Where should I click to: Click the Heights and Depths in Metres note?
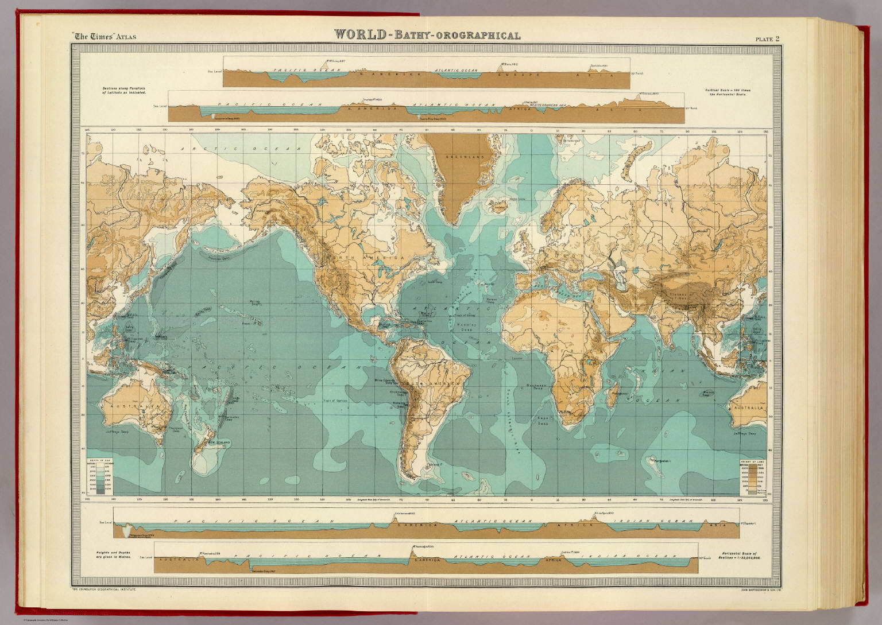pos(110,554)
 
